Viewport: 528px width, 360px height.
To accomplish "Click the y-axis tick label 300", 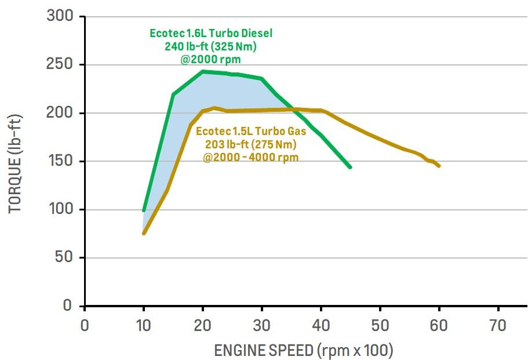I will click(x=60, y=17).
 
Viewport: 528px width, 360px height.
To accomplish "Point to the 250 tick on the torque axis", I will click(x=60, y=65).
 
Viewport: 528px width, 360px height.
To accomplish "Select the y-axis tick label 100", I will click(x=60, y=209).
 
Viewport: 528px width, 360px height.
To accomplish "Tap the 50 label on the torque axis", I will click(x=64, y=257).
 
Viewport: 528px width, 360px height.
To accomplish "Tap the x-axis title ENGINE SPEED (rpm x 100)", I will click(x=304, y=350).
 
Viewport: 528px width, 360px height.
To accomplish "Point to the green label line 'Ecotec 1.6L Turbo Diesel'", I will click(x=211, y=33).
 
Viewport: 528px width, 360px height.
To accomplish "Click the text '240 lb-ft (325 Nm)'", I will click(x=210, y=46).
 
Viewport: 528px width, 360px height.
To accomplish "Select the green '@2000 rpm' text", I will click(x=210, y=59).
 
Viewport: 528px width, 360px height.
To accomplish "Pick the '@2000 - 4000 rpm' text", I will click(x=251, y=157).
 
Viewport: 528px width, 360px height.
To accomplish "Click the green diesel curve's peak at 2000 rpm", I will click(x=202, y=72).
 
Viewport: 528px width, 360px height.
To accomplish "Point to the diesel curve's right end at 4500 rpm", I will click(x=349, y=167).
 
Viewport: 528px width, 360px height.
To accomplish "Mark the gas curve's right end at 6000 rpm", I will click(x=439, y=166).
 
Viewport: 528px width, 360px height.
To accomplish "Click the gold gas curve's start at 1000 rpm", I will click(x=144, y=233).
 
